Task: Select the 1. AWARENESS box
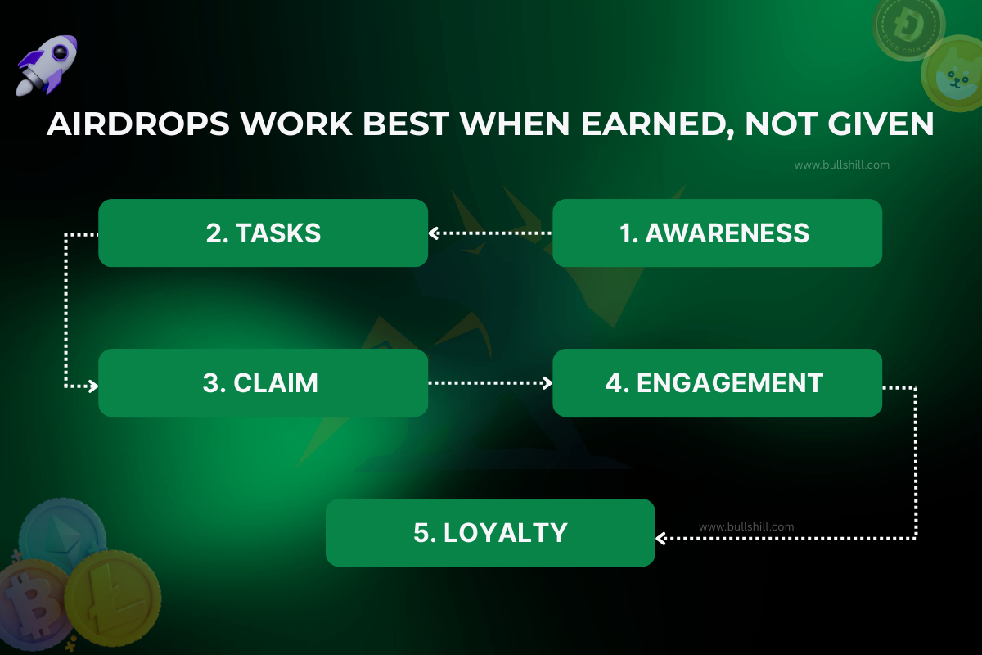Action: tap(717, 233)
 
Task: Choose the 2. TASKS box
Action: tap(263, 233)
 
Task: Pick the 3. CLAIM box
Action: tap(263, 383)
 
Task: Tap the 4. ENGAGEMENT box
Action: tap(717, 383)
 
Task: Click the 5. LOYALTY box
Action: tap(490, 533)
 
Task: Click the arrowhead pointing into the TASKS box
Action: tap(435, 233)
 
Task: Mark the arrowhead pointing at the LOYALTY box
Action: tap(662, 538)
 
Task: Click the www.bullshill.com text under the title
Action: tap(841, 165)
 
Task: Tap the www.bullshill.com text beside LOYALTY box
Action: tap(746, 527)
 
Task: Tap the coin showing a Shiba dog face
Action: tap(952, 75)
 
